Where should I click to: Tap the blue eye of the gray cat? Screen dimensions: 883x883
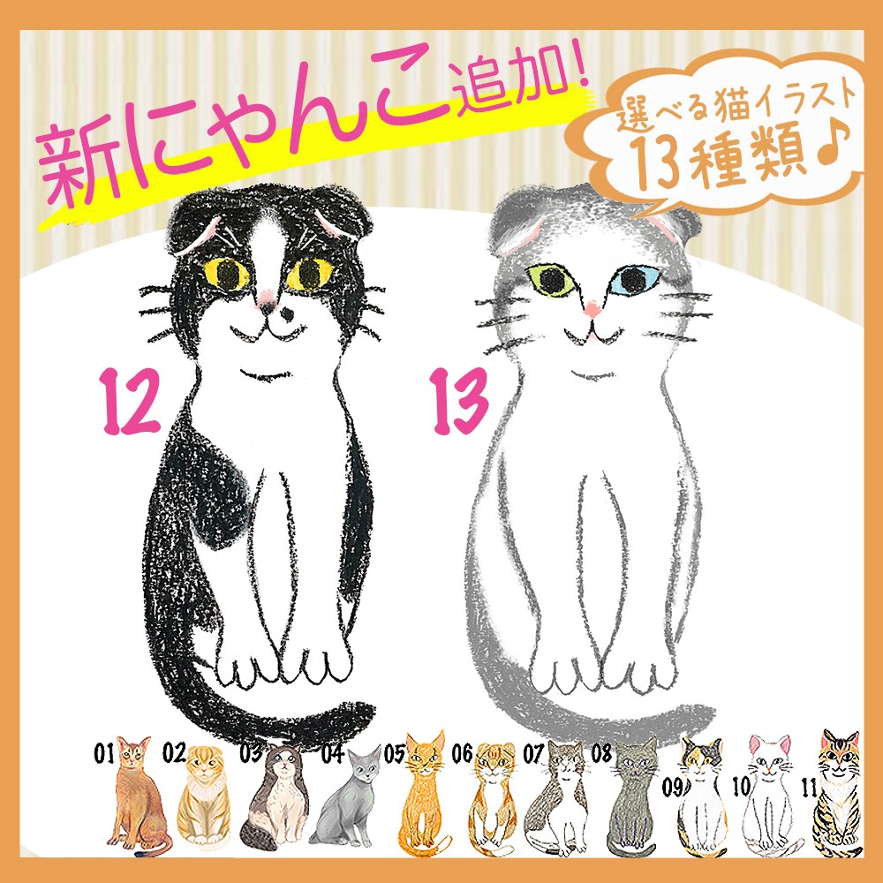[635, 279]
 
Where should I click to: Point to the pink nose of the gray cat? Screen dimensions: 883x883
[592, 308]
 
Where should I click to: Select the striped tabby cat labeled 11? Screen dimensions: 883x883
[838, 794]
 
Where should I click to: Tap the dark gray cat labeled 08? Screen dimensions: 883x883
[634, 796]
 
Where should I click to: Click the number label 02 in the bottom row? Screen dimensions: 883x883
[174, 752]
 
